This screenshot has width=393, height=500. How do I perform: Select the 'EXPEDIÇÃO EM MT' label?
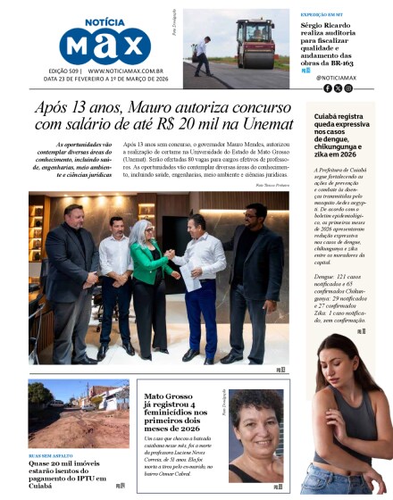(322, 16)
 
